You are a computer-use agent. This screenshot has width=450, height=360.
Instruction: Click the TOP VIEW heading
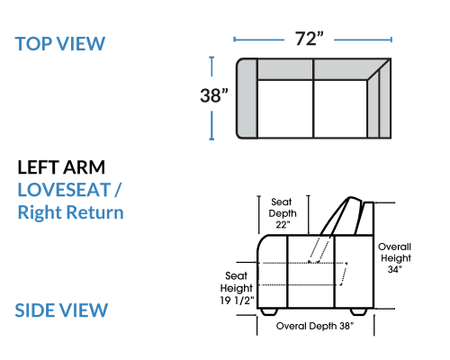pyautogui.click(x=60, y=44)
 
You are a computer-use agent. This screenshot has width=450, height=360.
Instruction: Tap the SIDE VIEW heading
pyautogui.click(x=61, y=310)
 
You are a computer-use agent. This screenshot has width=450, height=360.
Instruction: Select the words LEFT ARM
pyautogui.click(x=61, y=167)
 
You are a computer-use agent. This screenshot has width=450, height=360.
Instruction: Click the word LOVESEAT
pyautogui.click(x=64, y=190)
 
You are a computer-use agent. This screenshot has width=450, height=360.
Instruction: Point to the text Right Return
pyautogui.click(x=70, y=212)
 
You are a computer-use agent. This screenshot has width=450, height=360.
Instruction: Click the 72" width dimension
pyautogui.click(x=310, y=39)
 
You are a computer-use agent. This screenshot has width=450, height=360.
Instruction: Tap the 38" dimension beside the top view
pyautogui.click(x=214, y=95)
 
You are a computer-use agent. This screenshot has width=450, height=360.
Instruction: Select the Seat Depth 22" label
pyautogui.click(x=283, y=213)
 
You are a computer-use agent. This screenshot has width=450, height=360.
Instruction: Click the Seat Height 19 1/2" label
pyautogui.click(x=237, y=288)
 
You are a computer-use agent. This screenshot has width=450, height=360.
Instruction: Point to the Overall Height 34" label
pyautogui.click(x=394, y=258)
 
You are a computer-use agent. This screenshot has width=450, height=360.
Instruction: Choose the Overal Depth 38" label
pyautogui.click(x=315, y=326)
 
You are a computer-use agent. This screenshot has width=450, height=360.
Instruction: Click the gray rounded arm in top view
pyautogui.click(x=247, y=98)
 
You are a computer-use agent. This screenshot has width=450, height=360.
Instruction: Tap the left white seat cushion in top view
pyautogui.click(x=285, y=109)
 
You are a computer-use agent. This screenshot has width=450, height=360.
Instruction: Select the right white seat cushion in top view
pyautogui.click(x=340, y=109)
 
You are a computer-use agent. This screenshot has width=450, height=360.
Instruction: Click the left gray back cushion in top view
pyautogui.click(x=285, y=69)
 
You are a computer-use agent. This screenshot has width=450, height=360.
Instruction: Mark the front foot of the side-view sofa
pyautogui.click(x=269, y=311)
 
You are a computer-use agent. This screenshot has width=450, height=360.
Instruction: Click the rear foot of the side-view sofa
pyautogui.click(x=359, y=311)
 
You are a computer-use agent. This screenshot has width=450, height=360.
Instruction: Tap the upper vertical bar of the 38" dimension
pyautogui.click(x=211, y=67)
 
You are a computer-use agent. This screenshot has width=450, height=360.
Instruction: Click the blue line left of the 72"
pyautogui.click(x=258, y=40)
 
